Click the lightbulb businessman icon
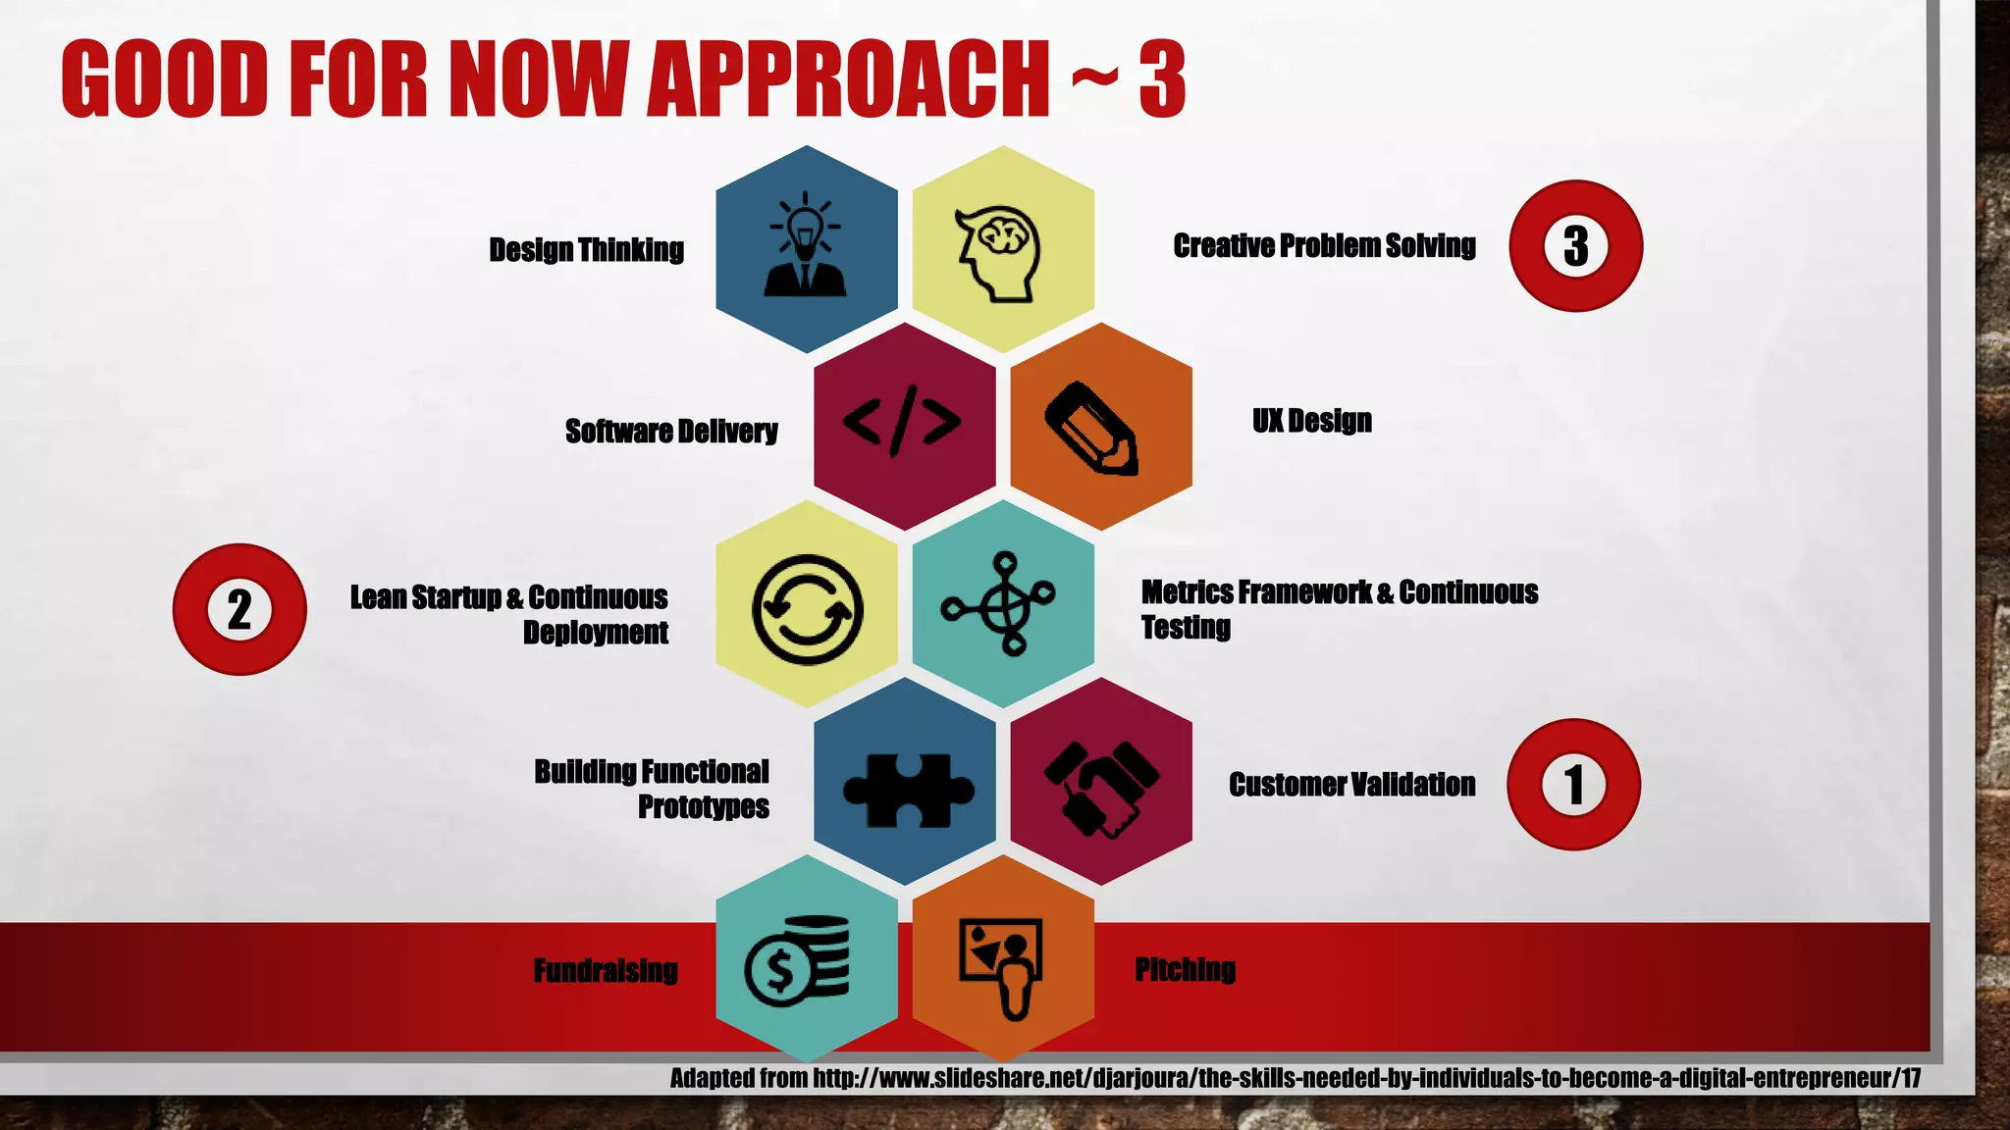(x=806, y=245)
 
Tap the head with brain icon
(x=999, y=252)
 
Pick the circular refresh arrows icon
(x=807, y=609)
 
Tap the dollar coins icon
(x=798, y=962)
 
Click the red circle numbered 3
(x=1575, y=246)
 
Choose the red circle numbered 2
(x=239, y=609)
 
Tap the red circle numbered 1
(x=1573, y=785)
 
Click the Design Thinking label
(x=586, y=250)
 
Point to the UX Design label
(x=1311, y=421)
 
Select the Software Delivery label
(x=671, y=431)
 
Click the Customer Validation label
(x=1351, y=785)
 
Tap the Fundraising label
(x=606, y=970)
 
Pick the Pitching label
(x=1185, y=969)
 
